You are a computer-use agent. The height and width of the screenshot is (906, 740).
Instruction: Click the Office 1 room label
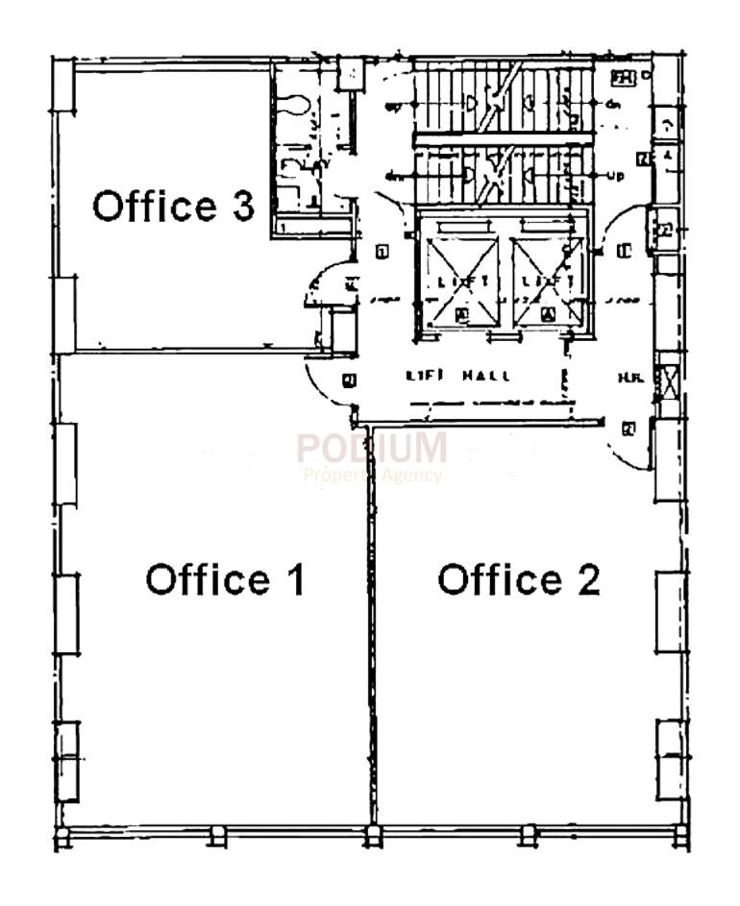[x=225, y=579]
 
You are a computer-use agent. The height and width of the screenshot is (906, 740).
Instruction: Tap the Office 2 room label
[x=519, y=579]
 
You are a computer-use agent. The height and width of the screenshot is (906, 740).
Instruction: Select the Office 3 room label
[x=173, y=206]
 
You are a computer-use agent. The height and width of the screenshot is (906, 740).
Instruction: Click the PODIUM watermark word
[x=371, y=449]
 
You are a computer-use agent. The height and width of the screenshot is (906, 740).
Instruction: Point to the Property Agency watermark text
[x=372, y=475]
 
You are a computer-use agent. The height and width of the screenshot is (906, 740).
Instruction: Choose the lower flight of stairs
[x=500, y=173]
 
